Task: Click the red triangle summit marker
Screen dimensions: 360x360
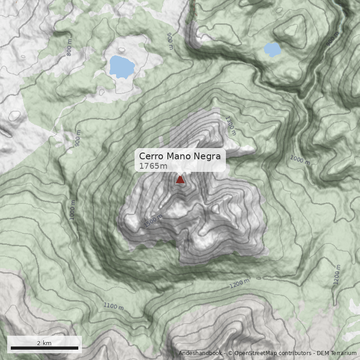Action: (180, 180)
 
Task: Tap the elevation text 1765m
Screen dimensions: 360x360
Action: (153, 166)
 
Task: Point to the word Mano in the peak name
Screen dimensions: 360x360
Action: (178, 156)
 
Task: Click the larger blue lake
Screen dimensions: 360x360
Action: (121, 67)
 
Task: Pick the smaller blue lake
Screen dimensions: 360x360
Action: (272, 49)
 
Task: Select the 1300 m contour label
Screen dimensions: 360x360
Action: (230, 126)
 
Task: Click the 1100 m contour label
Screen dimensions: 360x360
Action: (113, 306)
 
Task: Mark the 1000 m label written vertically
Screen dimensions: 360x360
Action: (73, 209)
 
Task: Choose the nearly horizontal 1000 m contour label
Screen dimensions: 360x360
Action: (300, 160)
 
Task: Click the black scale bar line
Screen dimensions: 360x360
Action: (44, 348)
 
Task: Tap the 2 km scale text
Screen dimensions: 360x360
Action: (44, 343)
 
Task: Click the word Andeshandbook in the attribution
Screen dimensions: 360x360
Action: (200, 353)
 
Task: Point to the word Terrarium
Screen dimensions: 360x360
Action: (344, 353)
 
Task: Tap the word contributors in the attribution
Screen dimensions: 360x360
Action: (294, 353)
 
